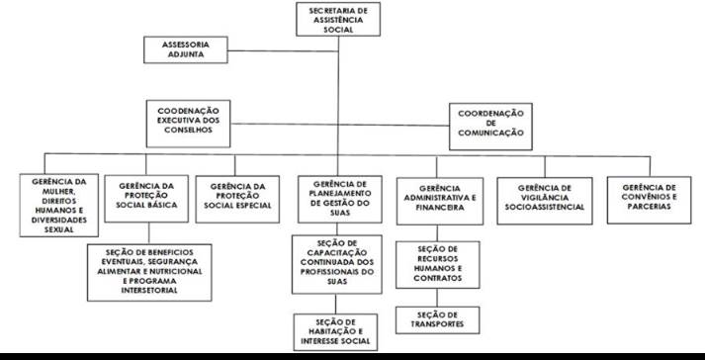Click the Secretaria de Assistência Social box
pyautogui.click(x=338, y=19)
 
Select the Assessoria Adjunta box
pyautogui.click(x=186, y=49)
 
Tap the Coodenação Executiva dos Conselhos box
pyautogui.click(x=189, y=124)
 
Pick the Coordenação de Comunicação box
pyautogui.click(x=490, y=127)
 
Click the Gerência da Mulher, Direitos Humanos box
pyautogui.click(x=59, y=205)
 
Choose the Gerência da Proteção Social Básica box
pyautogui.click(x=146, y=199)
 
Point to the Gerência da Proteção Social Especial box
pyautogui.click(x=237, y=199)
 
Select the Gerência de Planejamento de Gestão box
pyautogui.click(x=340, y=199)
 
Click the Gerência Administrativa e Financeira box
pyautogui.click(x=440, y=201)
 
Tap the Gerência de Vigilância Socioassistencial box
pyautogui.click(x=545, y=201)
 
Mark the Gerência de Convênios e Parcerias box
pyautogui.click(x=649, y=200)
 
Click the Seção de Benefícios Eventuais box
pyautogui.click(x=149, y=272)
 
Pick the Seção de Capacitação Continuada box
pyautogui.click(x=337, y=264)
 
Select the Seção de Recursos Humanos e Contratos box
pyautogui.click(x=437, y=265)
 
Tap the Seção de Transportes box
pyautogui.click(x=437, y=320)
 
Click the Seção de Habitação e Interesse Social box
pyautogui.click(x=335, y=332)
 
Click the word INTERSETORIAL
pyautogui.click(x=149, y=291)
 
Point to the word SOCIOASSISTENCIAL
pyautogui.click(x=545, y=207)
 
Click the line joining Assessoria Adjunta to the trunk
pyautogui.click(x=283, y=50)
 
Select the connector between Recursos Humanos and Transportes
pyautogui.click(x=437, y=298)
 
